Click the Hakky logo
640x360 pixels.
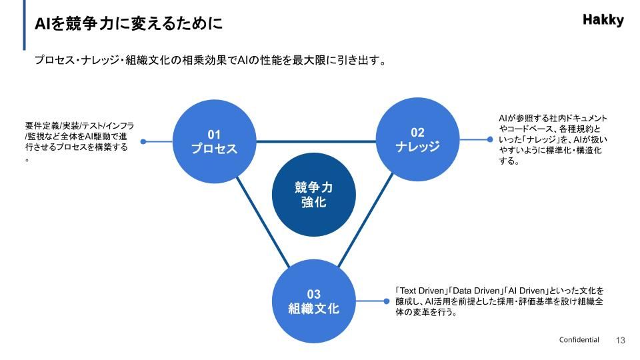(603, 19)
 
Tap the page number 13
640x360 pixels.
(621, 340)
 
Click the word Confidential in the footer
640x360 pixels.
(579, 339)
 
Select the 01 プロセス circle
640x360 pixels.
(214, 141)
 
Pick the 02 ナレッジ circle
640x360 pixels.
(417, 139)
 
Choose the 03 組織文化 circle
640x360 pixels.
(314, 301)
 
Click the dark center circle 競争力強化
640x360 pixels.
(314, 195)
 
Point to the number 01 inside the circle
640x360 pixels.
(214, 134)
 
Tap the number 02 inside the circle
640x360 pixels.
(417, 132)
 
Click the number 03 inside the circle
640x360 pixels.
(314, 294)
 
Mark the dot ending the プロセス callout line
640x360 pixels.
(143, 141)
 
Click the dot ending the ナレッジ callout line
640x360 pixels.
(490, 139)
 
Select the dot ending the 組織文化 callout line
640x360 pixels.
(386, 301)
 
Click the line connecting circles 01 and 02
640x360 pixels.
(316, 141)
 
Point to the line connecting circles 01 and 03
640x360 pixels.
(263, 222)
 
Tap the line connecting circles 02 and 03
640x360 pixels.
(365, 220)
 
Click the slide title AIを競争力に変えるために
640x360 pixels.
(129, 23)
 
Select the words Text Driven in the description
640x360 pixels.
(421, 291)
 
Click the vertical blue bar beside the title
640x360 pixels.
(24, 25)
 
